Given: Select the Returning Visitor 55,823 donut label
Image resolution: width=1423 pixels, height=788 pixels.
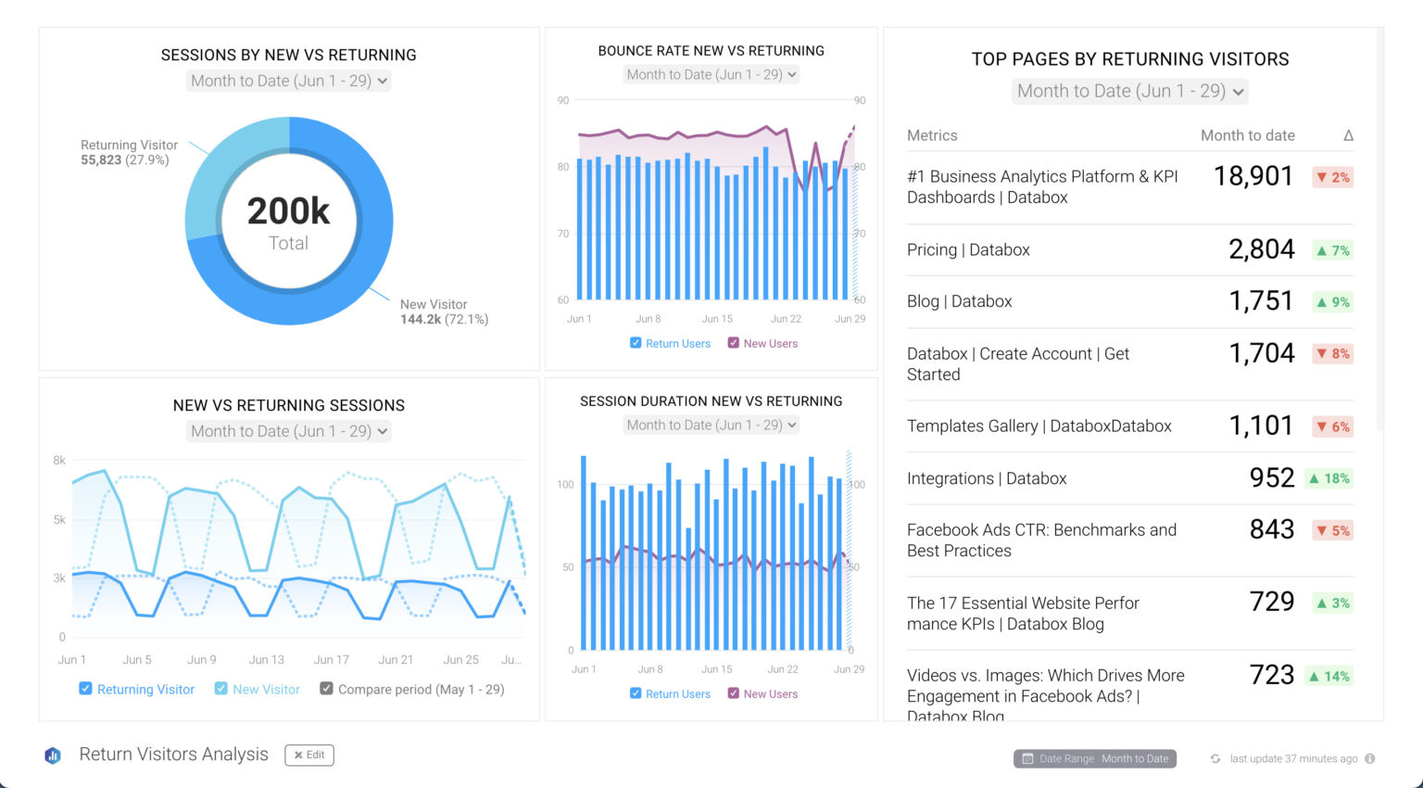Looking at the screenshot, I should [x=129, y=153].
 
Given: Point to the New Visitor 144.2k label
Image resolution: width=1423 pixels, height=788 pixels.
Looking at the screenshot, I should [x=444, y=311].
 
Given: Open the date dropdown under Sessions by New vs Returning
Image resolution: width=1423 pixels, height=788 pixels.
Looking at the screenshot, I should [x=289, y=81].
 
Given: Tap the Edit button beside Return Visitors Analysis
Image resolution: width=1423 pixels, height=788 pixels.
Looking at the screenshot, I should [x=309, y=755].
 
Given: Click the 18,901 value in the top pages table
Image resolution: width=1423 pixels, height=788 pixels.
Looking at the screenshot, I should [x=1253, y=176].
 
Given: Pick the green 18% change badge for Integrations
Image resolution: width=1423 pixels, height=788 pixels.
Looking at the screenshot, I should [x=1329, y=478].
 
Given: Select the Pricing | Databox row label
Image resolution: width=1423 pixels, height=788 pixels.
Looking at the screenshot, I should [x=968, y=249].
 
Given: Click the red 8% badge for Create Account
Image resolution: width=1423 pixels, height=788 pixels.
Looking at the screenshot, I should [x=1333, y=353].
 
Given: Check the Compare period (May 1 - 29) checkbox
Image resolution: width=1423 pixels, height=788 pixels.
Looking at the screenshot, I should [x=326, y=689].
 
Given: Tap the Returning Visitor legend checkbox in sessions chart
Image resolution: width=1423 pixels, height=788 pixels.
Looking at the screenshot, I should [x=85, y=689].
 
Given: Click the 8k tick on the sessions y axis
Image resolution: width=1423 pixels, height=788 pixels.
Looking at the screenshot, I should [x=59, y=460].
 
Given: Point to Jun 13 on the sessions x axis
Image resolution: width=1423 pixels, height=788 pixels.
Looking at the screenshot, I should [x=266, y=660].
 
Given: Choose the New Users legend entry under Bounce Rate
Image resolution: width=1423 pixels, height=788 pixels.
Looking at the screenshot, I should [x=762, y=343].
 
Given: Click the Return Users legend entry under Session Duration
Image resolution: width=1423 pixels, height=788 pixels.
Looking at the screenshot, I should [x=670, y=693].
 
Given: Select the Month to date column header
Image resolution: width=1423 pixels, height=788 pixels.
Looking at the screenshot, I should [x=1247, y=135].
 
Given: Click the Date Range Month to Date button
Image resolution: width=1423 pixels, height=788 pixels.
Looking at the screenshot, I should [x=1094, y=758].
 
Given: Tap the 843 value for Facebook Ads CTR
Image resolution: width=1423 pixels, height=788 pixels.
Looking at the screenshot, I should [x=1271, y=529].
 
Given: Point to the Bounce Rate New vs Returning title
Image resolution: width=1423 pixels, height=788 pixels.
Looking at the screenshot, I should [x=711, y=51].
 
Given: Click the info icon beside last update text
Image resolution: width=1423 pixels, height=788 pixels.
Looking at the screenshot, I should [x=1369, y=758].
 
